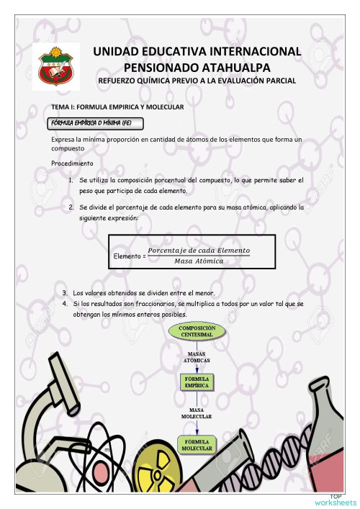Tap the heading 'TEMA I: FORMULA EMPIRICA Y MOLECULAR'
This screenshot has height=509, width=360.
click(113, 107)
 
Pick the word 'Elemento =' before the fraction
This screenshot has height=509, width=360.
click(130, 256)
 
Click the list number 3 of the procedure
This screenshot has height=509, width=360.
click(66, 292)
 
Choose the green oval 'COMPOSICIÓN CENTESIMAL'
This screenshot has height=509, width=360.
click(197, 332)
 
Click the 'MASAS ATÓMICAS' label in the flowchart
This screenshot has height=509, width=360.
click(197, 357)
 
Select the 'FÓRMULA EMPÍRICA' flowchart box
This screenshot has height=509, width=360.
click(197, 382)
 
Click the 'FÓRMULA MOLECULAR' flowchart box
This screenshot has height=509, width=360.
click(197, 444)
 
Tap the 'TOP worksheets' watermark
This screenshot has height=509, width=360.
click(336, 499)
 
